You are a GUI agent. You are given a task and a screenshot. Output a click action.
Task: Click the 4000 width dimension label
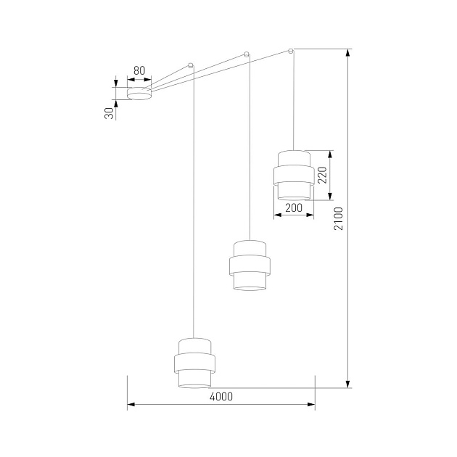[x=221, y=396]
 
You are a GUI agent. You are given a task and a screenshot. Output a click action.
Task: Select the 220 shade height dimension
[x=323, y=174]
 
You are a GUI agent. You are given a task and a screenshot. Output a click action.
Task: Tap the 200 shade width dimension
[x=294, y=208]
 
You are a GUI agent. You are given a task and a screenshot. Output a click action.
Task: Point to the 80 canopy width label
[x=139, y=71]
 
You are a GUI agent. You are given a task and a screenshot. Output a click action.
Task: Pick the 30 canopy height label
[x=109, y=112]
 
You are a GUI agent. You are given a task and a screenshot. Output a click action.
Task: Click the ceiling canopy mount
[x=139, y=93]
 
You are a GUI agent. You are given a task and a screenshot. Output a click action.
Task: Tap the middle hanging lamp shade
[x=250, y=264]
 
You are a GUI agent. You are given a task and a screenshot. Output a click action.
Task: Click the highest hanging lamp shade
[x=293, y=174]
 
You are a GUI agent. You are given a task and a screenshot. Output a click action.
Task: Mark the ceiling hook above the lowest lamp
[x=191, y=65]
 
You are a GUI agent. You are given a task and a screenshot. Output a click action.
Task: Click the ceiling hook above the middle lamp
[x=247, y=54]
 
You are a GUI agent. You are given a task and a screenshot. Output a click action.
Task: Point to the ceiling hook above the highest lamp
[x=291, y=51]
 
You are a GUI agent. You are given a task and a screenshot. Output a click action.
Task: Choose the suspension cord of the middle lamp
[x=250, y=145]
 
